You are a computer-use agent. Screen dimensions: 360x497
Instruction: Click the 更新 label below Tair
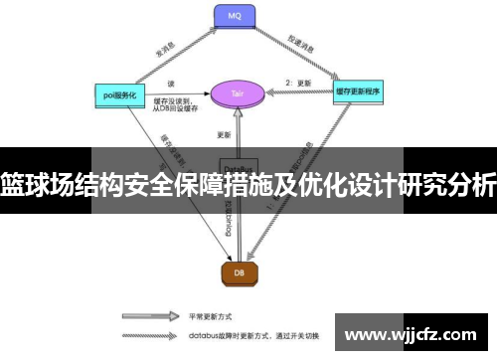point(224,133)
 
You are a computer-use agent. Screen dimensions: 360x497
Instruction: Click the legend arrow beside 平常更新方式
point(149,320)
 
